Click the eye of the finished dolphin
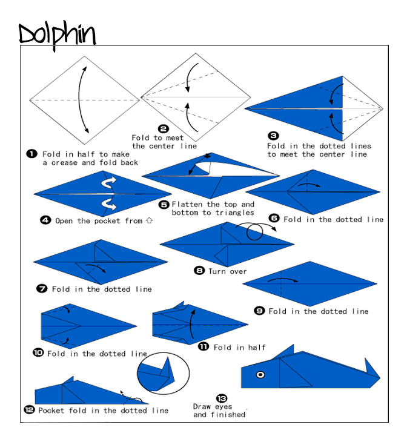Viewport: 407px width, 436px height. (x=260, y=375)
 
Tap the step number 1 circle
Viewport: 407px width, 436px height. (x=31, y=154)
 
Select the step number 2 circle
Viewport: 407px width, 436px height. (x=163, y=128)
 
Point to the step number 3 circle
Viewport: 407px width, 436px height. (x=274, y=136)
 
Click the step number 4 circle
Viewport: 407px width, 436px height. (x=45, y=220)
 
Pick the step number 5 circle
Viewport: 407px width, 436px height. (x=164, y=205)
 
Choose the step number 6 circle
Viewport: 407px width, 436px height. (x=274, y=219)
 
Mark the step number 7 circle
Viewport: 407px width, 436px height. (x=42, y=289)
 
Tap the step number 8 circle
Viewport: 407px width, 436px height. (x=199, y=271)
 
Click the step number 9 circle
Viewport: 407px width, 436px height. (x=259, y=311)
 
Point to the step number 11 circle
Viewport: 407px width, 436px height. (x=203, y=346)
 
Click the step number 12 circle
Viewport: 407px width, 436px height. (x=29, y=410)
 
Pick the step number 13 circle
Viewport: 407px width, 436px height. (x=222, y=398)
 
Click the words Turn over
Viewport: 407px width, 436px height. (x=228, y=271)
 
